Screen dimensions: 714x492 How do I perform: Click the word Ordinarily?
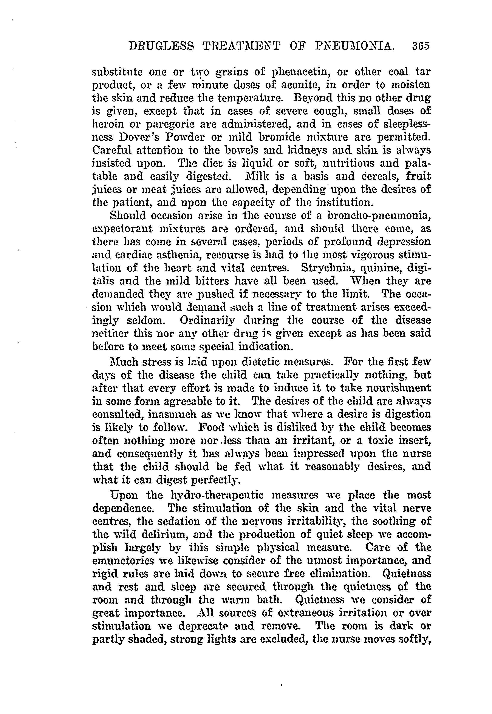click(x=208, y=320)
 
